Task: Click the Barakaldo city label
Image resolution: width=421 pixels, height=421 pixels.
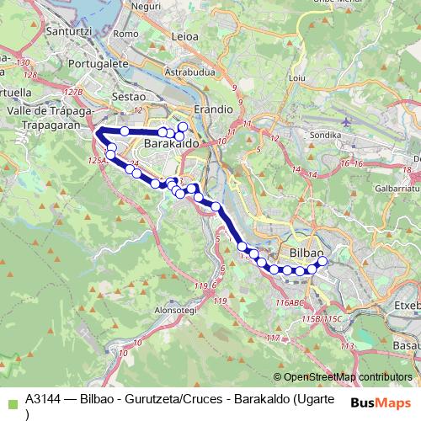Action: [171, 145]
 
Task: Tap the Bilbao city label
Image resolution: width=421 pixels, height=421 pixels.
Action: [306, 253]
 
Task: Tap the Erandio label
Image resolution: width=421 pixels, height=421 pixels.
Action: [212, 109]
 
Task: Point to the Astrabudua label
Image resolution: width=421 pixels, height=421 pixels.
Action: [190, 72]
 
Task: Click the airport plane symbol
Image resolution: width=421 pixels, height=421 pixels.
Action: [346, 120]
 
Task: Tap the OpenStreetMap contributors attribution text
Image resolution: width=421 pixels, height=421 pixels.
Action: [344, 376]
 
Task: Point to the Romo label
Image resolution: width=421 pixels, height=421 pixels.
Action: [125, 34]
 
